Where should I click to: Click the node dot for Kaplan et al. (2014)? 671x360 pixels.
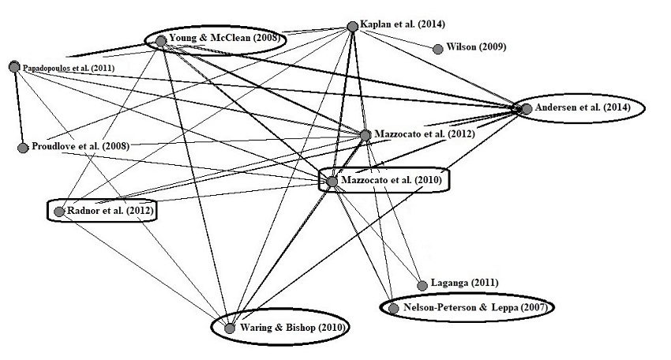click(353, 27)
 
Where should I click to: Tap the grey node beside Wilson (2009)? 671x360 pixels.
click(438, 49)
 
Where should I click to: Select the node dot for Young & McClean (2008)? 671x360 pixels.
click(161, 41)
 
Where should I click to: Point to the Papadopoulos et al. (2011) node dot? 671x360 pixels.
click(14, 66)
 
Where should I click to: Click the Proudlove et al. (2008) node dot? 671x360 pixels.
click(23, 148)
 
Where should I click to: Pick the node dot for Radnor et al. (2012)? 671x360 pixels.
click(58, 212)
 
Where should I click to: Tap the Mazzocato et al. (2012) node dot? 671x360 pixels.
click(365, 135)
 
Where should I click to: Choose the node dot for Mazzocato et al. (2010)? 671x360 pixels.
click(332, 182)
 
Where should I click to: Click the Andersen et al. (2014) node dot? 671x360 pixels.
click(526, 108)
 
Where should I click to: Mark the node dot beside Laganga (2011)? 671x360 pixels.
click(422, 285)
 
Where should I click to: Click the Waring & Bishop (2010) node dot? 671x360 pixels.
click(230, 328)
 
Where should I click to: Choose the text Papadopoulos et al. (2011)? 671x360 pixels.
click(69, 69)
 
